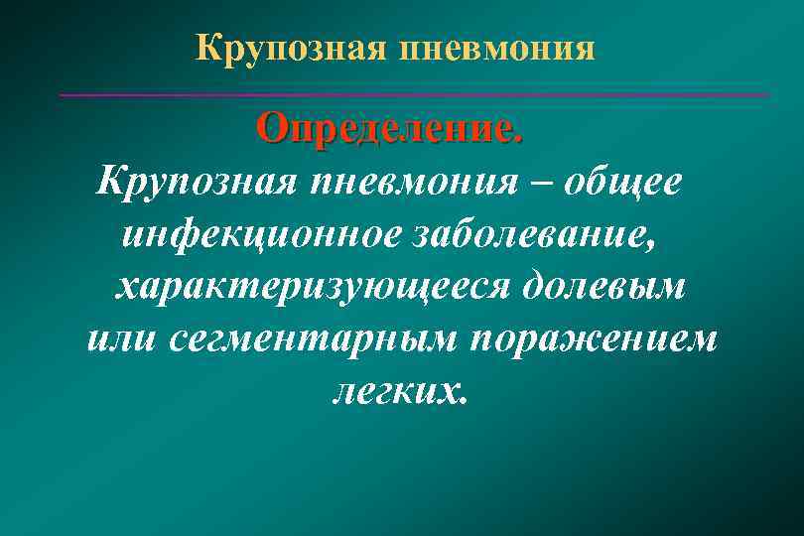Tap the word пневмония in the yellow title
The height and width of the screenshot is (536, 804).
497,48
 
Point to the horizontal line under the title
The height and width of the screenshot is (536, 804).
414,95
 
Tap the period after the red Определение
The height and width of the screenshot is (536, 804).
516,138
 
